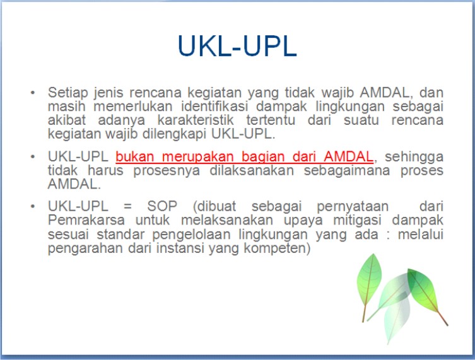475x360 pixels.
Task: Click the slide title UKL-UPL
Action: coord(237,46)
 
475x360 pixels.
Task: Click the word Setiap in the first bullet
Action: coord(66,91)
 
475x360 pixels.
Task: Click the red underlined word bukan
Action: coord(133,156)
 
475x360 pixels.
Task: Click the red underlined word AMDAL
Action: coord(349,156)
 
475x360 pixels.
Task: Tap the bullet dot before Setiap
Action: coord(33,92)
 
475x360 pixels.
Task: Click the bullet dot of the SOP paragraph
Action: coord(33,207)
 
